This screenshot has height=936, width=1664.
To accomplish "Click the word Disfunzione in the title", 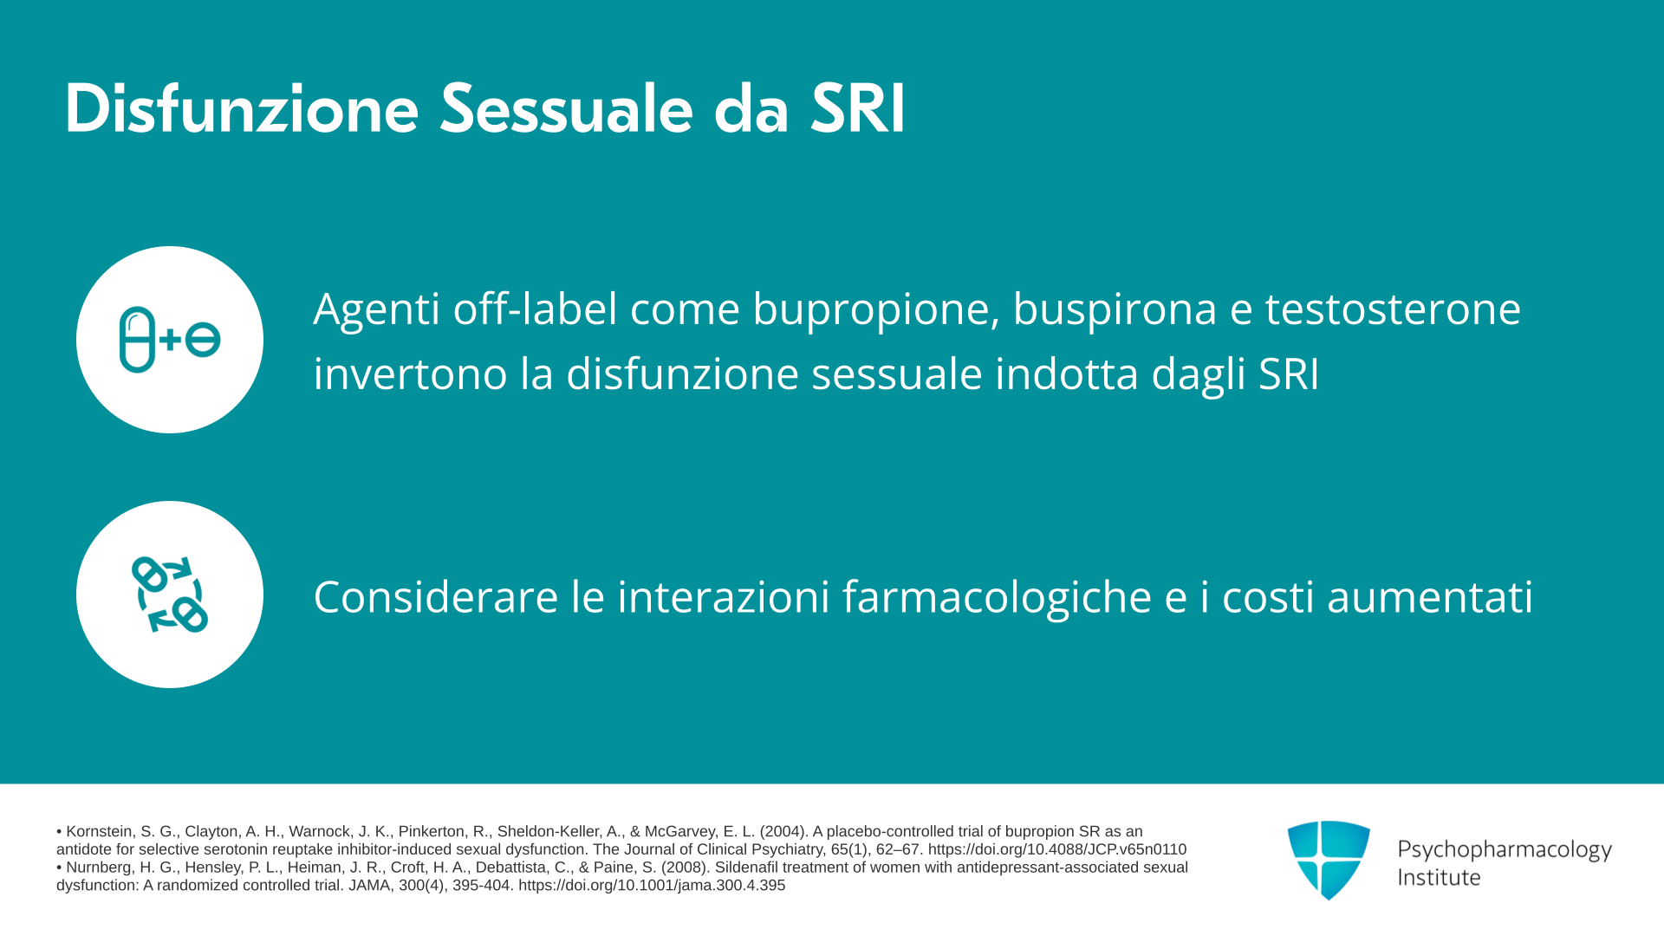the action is point(242,109).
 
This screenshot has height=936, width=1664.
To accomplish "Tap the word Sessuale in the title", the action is point(567,109).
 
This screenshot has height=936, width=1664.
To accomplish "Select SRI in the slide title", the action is point(858,109).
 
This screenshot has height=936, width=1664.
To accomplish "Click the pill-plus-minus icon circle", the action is point(170,340).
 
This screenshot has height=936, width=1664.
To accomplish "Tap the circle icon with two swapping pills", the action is point(170,595).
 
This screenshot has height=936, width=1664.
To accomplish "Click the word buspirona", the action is point(1115,310).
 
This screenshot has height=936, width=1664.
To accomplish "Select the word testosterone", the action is point(1393,309).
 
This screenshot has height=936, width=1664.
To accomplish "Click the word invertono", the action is point(410,374).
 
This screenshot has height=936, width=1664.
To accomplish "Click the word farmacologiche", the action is point(997,598).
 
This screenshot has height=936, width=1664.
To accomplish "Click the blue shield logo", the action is point(1329,860).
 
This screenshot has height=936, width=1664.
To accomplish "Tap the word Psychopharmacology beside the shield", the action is point(1505,849).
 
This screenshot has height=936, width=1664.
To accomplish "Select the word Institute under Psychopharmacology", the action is point(1439,877).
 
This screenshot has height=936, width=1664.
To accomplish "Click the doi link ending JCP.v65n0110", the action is point(1057,849).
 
